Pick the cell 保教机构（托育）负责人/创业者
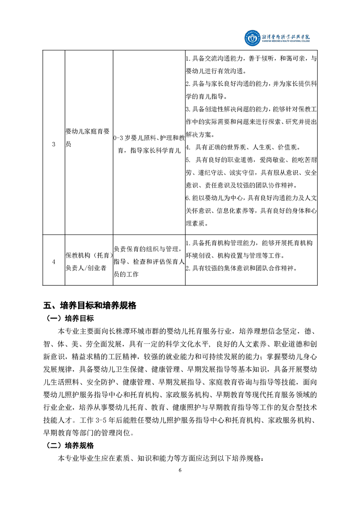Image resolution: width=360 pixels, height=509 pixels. click(88, 261)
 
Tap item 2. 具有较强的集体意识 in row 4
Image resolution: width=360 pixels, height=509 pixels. click(241, 268)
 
